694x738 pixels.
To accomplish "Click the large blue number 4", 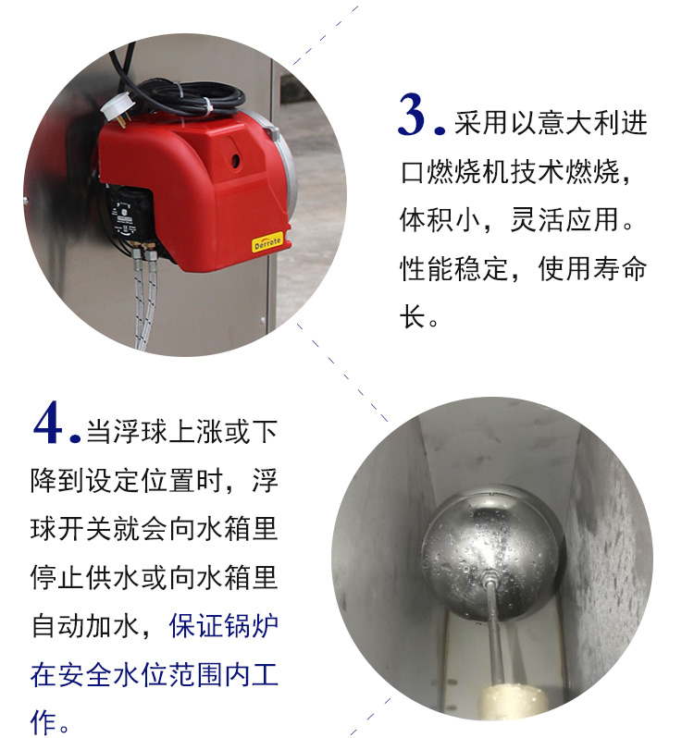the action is click(48, 423).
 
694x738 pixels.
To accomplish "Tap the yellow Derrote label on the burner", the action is click(267, 242).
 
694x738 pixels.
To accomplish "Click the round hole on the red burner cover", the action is click(235, 161).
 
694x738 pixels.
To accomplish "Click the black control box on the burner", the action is click(127, 217).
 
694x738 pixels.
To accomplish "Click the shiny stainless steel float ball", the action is click(490, 551).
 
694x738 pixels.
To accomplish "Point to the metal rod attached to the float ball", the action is click(494, 636).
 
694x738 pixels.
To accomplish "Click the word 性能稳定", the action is click(454, 269).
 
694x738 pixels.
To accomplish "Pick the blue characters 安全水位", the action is click(99, 675).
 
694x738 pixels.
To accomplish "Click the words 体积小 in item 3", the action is click(440, 220).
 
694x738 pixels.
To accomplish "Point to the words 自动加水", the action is click(85, 626).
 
